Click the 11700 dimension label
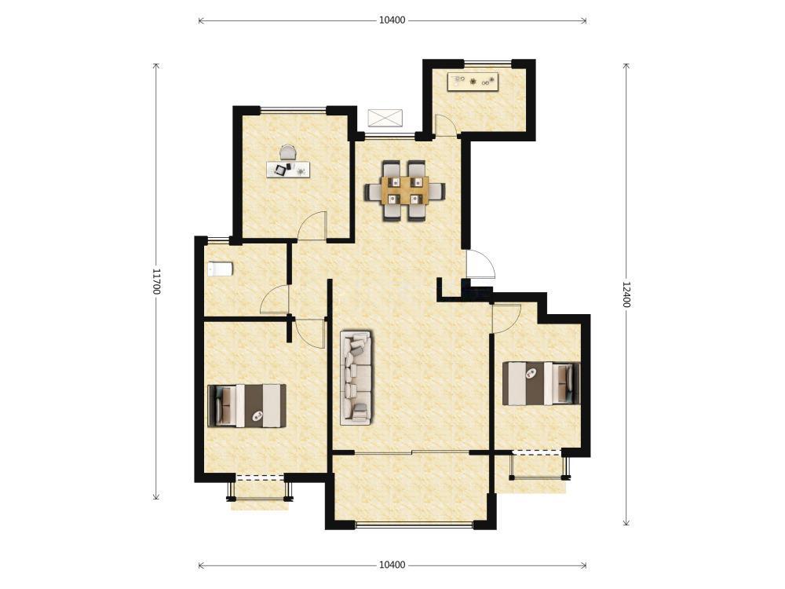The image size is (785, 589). [x=156, y=281]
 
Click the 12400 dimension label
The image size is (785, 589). [x=626, y=294]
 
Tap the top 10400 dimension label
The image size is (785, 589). [x=392, y=20]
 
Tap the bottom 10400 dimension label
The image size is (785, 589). [x=392, y=565]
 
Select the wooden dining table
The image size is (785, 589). [x=405, y=190]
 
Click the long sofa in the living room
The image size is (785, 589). [x=356, y=378]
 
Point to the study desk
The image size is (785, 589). [x=288, y=169]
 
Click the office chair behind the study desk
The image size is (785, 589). [x=288, y=152]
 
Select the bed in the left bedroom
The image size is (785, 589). [x=246, y=406]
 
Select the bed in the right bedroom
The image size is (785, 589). [x=541, y=383]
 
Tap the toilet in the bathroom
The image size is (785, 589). [x=221, y=269]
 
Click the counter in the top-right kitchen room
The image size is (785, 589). [x=473, y=82]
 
